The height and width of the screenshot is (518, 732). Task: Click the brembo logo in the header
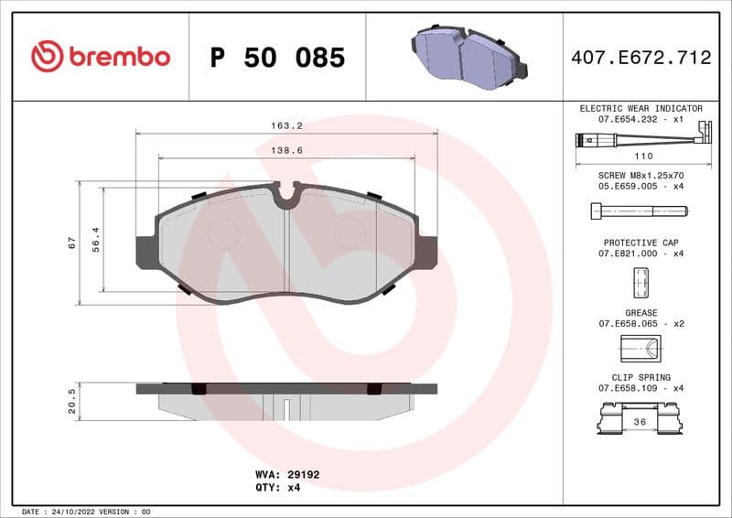(101, 57)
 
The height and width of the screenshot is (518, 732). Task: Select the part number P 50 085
(277, 58)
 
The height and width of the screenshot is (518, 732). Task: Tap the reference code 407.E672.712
(640, 58)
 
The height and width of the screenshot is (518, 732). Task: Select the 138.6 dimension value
(287, 149)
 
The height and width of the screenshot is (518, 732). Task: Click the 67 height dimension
(71, 243)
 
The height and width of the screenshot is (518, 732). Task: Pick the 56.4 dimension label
(96, 240)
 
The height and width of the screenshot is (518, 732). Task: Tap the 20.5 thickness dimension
(71, 400)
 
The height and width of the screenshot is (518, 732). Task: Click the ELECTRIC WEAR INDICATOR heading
(640, 108)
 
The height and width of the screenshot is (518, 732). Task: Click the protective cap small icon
(640, 282)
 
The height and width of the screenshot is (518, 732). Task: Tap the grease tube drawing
(640, 349)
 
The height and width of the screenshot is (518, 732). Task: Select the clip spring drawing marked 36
(640, 419)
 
